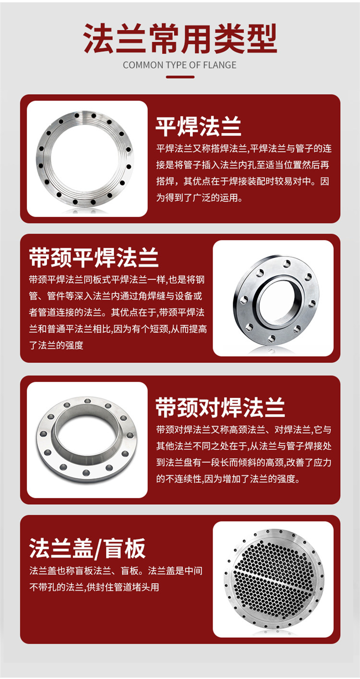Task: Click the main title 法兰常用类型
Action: [x=180, y=38]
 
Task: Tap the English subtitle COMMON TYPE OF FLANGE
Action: [x=180, y=65]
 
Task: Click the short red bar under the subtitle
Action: [x=180, y=77]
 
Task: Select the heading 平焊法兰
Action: [x=199, y=126]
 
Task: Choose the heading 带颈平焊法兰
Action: [x=94, y=257]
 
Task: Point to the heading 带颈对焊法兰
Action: [x=220, y=407]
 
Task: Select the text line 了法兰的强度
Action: [x=56, y=345]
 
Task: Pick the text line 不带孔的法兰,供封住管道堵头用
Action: [x=94, y=587]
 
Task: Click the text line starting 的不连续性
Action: [x=228, y=479]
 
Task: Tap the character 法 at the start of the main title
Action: [x=99, y=38]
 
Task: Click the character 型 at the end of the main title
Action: [x=262, y=38]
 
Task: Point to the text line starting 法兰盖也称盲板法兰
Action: [x=116, y=571]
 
